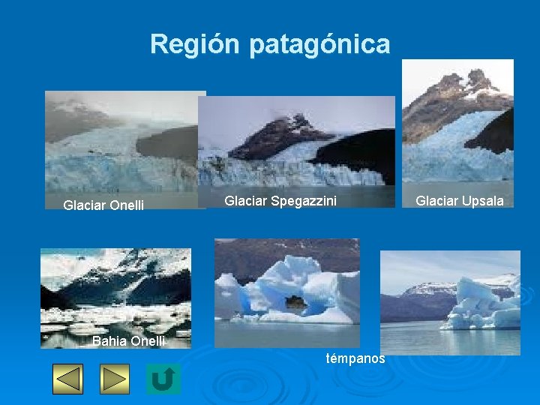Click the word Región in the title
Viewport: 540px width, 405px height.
196,44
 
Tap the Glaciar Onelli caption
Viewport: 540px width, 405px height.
103,205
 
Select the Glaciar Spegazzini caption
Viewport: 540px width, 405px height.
280,200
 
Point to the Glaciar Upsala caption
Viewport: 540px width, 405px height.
460,200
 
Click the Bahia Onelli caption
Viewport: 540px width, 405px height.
128,341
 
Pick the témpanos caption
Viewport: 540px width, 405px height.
355,358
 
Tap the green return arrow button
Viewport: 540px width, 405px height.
163,379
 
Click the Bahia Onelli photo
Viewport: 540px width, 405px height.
115,292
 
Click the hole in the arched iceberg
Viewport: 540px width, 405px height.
297,303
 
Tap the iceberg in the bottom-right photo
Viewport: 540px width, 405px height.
480,304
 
